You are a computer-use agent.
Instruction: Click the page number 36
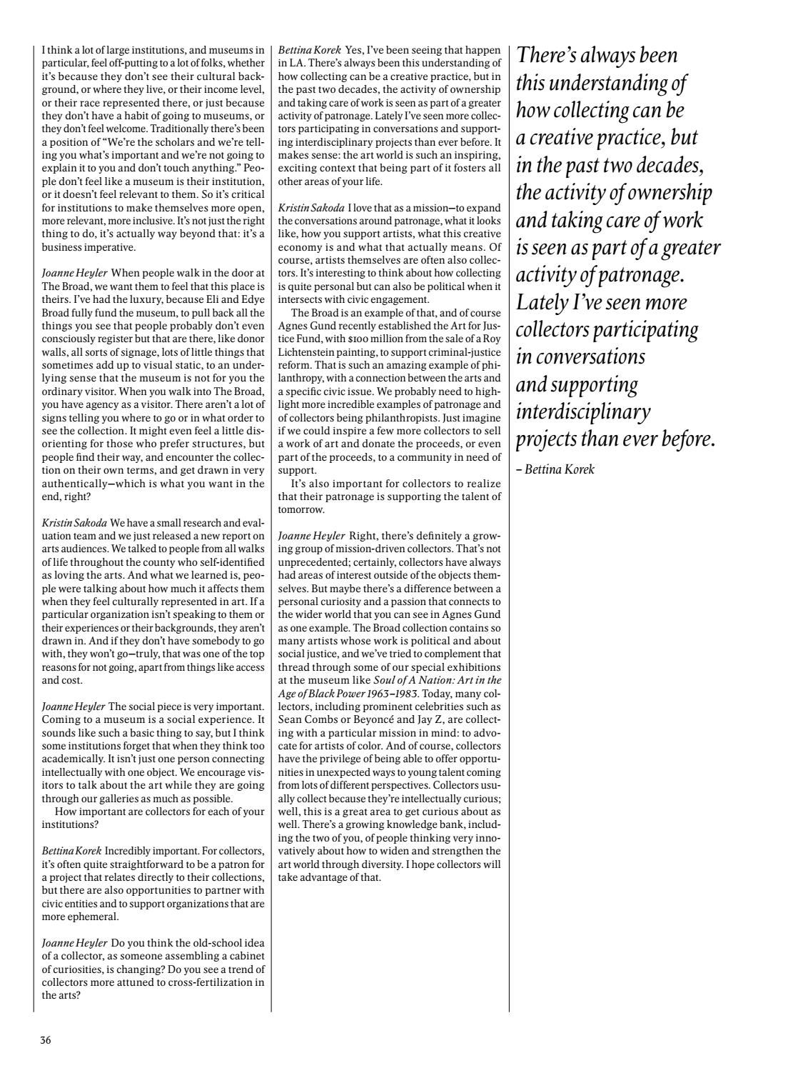[46, 1040]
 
